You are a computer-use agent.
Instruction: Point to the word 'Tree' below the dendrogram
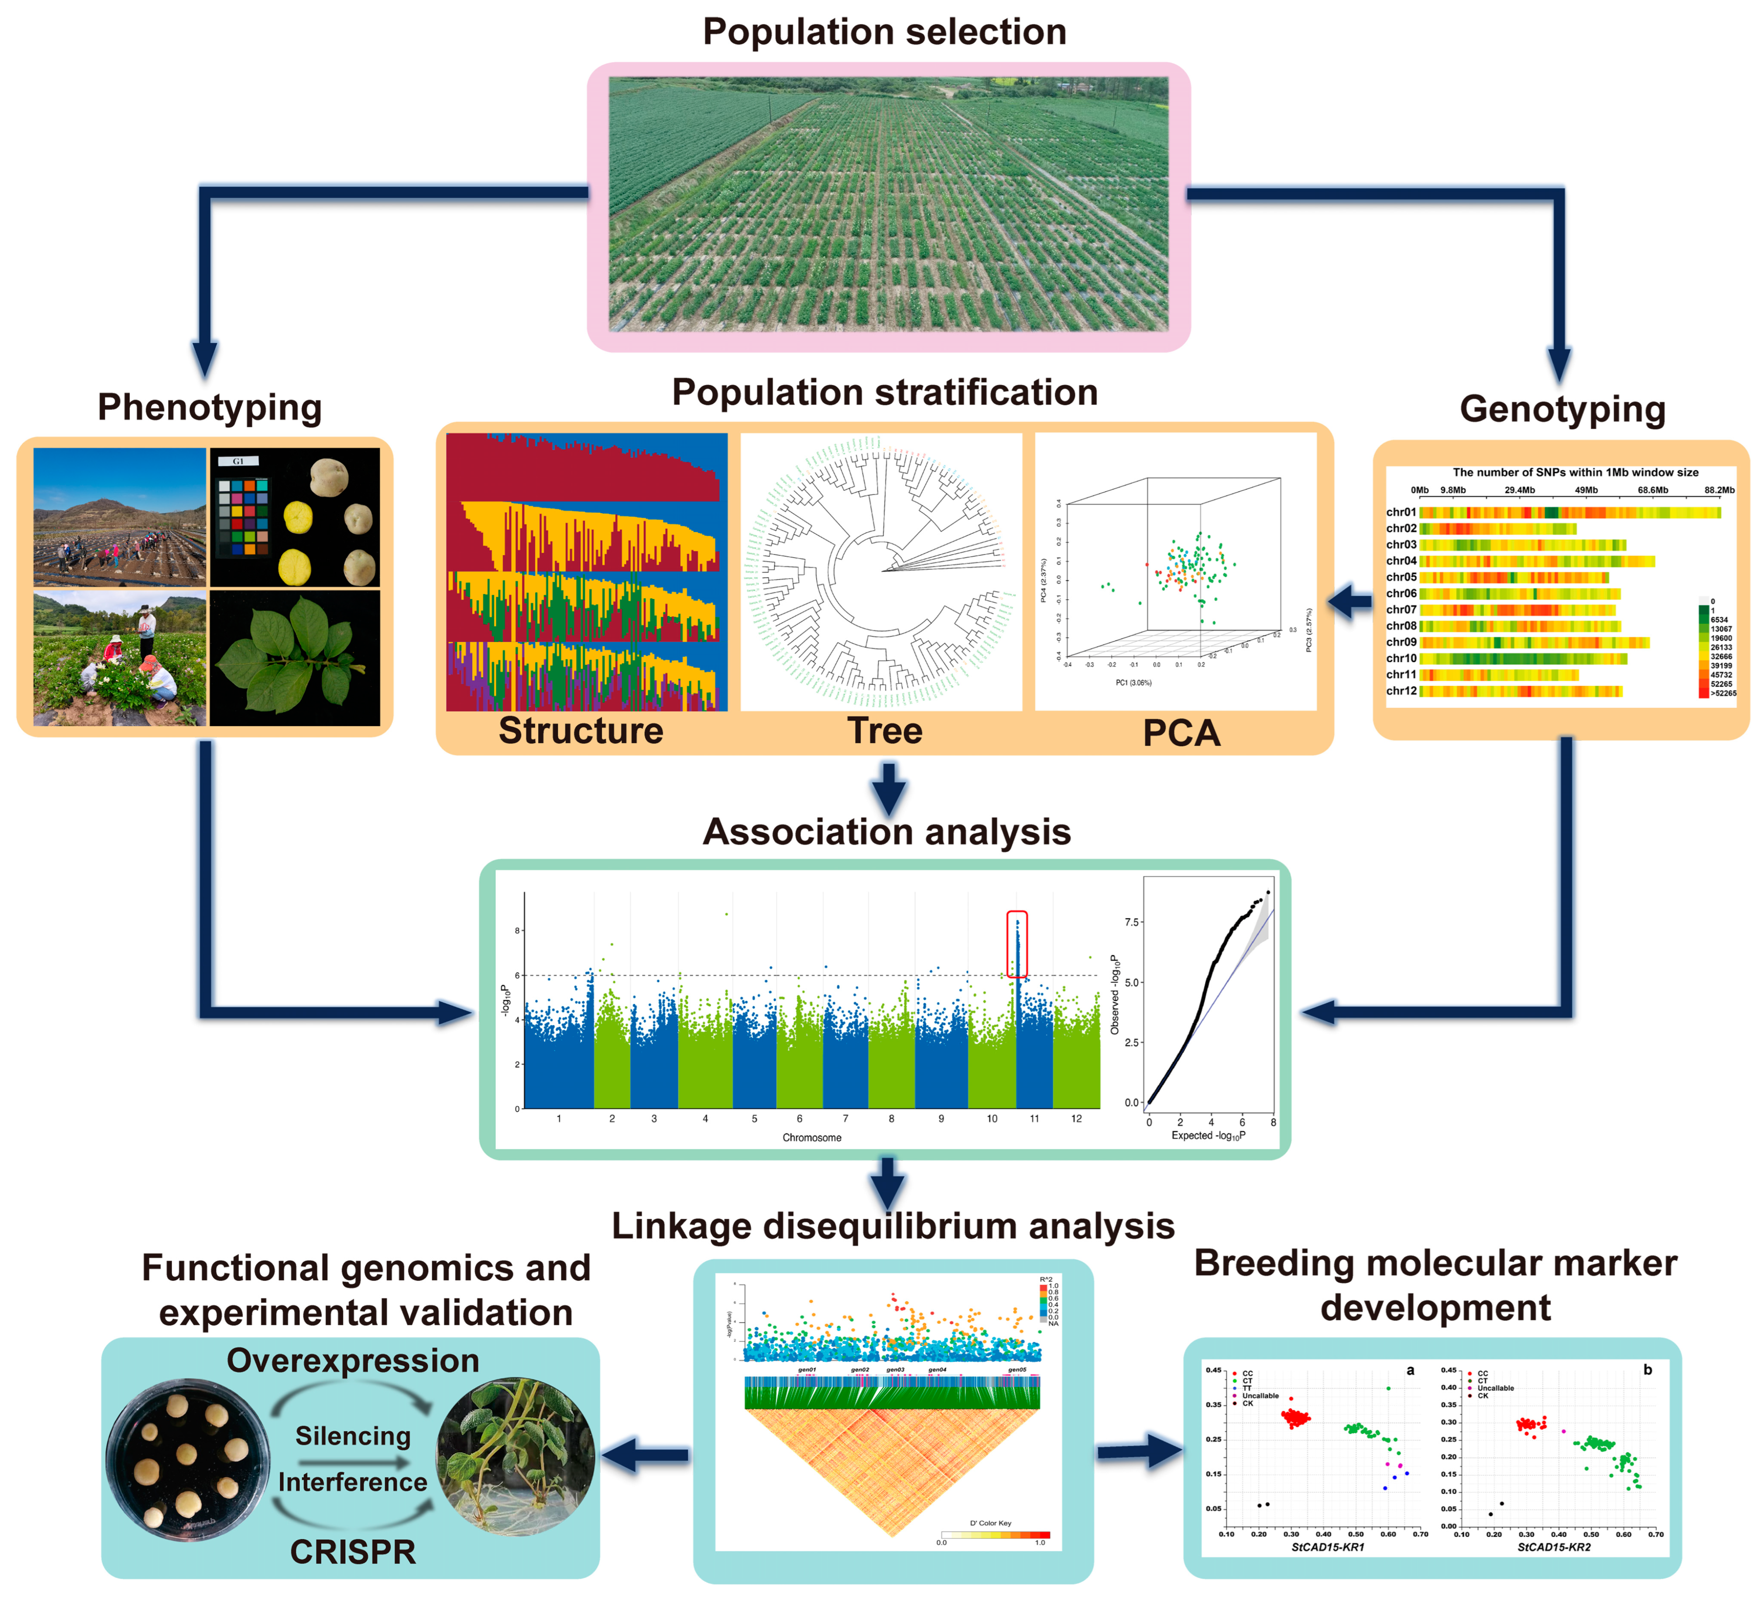(884, 731)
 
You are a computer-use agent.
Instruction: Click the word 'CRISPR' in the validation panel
(353, 1551)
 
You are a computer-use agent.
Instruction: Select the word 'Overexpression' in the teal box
(353, 1361)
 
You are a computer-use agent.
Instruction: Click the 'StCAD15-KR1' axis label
(1327, 1547)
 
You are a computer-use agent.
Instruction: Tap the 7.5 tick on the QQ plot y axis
(1131, 922)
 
